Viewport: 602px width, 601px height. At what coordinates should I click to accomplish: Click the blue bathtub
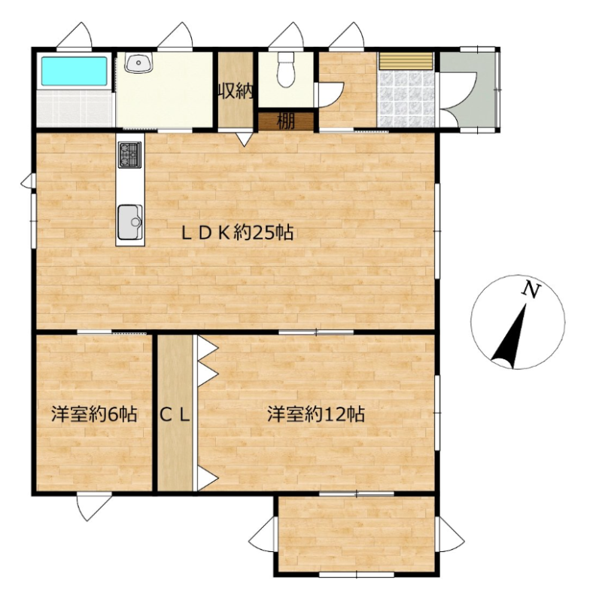point(74,71)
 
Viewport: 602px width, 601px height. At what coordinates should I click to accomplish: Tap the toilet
point(285,69)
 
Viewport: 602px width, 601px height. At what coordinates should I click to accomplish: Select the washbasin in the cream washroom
point(138,63)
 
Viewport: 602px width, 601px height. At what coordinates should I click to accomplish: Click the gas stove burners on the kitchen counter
point(129,154)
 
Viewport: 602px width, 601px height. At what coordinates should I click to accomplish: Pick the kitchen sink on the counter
point(129,222)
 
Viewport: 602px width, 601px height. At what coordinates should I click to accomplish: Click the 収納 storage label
point(236,91)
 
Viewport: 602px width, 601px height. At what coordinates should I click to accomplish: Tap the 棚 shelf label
point(286,122)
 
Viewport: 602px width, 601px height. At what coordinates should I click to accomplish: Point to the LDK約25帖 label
point(238,233)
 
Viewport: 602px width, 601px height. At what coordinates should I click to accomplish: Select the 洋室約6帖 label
point(95,414)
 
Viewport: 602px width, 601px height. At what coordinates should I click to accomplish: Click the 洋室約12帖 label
point(316,414)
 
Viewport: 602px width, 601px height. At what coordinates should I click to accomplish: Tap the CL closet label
point(175,415)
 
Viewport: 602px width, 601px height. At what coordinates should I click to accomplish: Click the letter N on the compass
point(531,290)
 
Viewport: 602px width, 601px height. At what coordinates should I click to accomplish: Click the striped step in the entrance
point(406,61)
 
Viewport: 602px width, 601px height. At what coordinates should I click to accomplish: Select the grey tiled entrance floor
point(406,99)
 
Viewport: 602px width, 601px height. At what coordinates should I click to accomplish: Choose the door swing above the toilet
point(286,35)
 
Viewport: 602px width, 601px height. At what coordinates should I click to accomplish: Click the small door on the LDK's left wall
point(28,181)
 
